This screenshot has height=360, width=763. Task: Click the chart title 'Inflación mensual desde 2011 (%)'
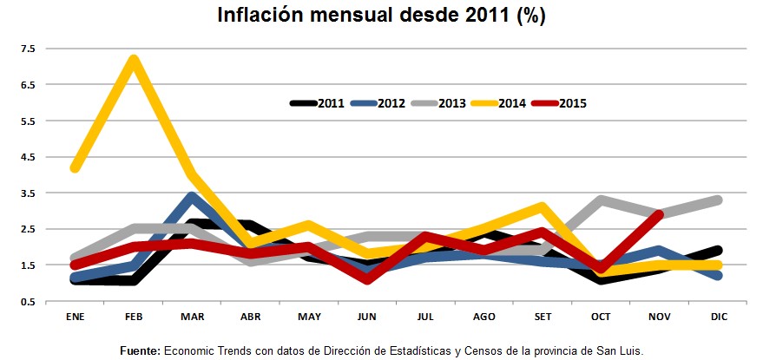(381, 16)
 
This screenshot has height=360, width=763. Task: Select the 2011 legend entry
(318, 103)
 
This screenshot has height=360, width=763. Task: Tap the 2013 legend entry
(438, 103)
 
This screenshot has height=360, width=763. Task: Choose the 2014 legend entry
(499, 103)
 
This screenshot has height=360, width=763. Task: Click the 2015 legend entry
(559, 103)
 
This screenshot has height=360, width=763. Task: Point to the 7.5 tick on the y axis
(29, 49)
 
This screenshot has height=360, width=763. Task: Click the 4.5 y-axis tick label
(29, 157)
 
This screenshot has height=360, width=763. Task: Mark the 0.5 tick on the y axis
(29, 302)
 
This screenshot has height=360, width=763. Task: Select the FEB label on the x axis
(134, 317)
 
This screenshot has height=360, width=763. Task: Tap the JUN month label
(367, 317)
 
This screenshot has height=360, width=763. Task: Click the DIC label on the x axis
(718, 317)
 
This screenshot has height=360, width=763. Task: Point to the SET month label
(542, 317)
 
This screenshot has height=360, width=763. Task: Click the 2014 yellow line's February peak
(134, 59)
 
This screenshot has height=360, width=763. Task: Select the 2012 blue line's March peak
(192, 197)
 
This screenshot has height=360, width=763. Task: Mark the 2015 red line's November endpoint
(659, 214)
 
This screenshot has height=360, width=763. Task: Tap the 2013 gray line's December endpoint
(718, 200)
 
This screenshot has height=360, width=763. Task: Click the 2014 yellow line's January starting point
(76, 167)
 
